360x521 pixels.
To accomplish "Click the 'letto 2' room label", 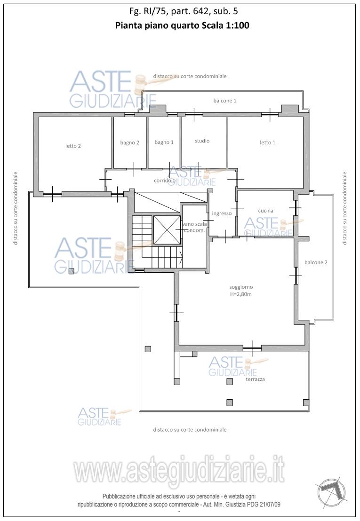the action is click(73, 146).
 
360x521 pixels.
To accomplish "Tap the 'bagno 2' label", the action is click(129, 143).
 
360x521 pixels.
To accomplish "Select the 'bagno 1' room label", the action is click(164, 142).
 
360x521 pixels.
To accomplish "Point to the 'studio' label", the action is click(202, 141).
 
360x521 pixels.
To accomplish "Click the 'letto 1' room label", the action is click(268, 142).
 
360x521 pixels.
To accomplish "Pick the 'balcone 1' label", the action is click(225, 100).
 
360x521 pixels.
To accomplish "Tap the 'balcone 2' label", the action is click(316, 262).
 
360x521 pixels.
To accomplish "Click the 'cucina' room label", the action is click(265, 211).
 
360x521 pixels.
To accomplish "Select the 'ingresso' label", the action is click(222, 213).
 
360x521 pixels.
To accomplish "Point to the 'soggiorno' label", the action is click(241, 287).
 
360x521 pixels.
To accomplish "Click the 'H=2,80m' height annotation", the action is click(241, 294).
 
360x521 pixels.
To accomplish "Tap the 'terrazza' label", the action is click(255, 379).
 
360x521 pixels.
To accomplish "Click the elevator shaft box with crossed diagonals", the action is click(167, 229).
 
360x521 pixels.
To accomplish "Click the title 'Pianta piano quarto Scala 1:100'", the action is click(182, 25).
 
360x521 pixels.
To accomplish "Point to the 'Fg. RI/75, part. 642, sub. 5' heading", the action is click(184, 11).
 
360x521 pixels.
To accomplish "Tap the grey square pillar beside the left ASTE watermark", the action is click(71, 271).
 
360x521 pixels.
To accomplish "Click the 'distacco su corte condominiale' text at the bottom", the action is click(190, 430).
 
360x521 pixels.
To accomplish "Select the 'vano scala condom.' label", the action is click(195, 227).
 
